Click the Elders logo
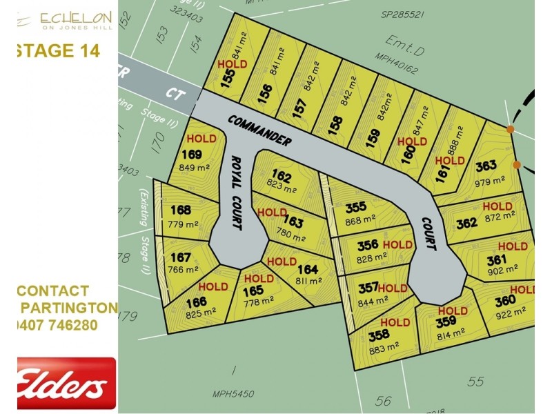(x=66, y=382)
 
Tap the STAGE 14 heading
(x=58, y=50)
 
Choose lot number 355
(x=356, y=207)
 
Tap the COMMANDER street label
(x=259, y=130)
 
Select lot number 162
(x=282, y=175)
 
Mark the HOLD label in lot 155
(x=232, y=63)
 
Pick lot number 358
(x=378, y=335)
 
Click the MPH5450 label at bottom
(x=233, y=394)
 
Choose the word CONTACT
(x=52, y=290)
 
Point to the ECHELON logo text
(x=76, y=17)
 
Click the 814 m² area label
(x=451, y=337)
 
